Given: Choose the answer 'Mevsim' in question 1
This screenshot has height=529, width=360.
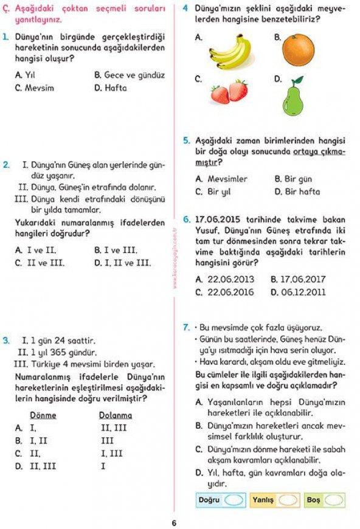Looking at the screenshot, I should pos(39,88).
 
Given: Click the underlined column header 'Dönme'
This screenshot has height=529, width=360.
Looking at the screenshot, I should pos(43,415).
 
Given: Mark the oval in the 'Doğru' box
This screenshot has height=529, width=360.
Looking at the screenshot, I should pos(234,500).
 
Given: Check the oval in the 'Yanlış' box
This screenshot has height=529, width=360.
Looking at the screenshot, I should pos(289,500).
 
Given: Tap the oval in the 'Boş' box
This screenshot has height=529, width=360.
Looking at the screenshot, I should pos(334,500).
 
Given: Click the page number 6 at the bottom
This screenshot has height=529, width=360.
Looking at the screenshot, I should pos(174,522).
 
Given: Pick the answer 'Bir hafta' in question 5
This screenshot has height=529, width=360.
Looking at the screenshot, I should pos(302,192).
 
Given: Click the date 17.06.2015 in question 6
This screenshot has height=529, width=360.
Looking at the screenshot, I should pos(220,220).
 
